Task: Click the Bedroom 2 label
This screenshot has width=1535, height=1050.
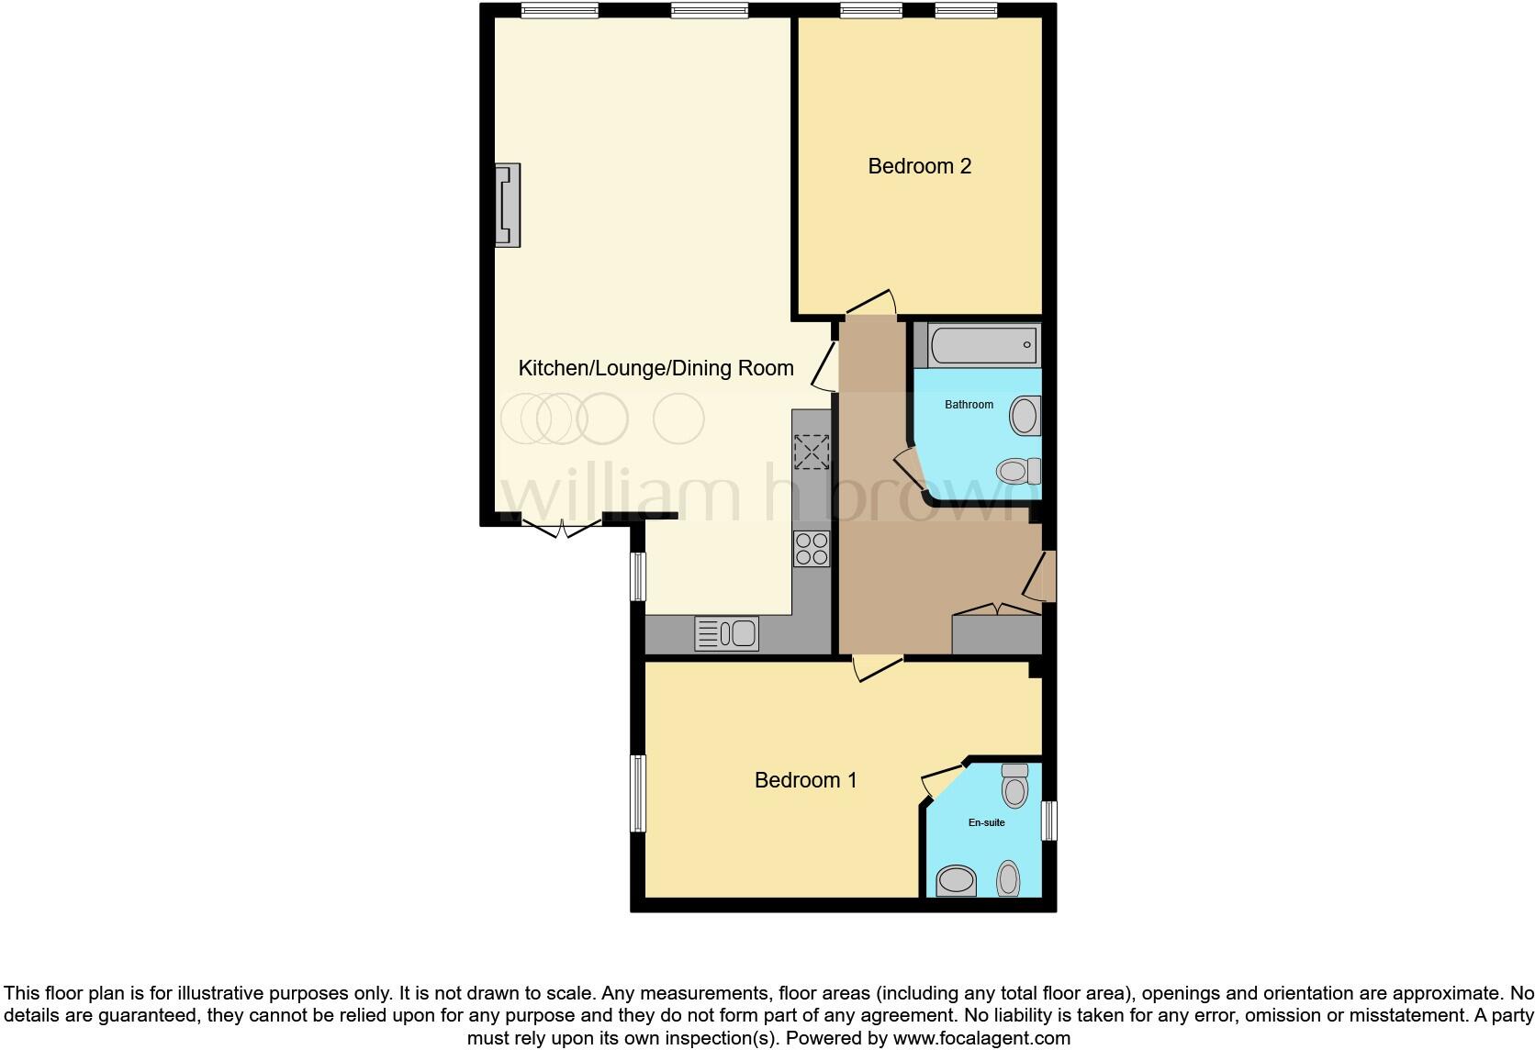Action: [919, 166]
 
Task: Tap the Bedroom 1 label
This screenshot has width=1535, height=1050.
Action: [805, 780]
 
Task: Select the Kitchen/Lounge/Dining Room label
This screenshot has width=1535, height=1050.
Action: [655, 369]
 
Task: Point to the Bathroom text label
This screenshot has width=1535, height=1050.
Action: [969, 405]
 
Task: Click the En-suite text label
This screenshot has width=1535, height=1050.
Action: [986, 822]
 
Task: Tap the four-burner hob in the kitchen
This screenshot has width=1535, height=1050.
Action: [812, 549]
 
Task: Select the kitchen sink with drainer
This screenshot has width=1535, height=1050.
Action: [726, 633]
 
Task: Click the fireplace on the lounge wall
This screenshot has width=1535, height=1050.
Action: [508, 205]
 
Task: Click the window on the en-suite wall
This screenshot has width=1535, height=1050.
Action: [1048, 821]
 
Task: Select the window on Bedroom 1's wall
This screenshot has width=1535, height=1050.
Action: [638, 793]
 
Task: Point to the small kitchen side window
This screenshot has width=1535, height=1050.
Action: [638, 576]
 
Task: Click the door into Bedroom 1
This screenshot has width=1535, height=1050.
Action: [877, 667]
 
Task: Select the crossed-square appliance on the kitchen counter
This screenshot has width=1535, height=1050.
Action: [812, 452]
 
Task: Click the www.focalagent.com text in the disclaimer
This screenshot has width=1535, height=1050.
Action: [981, 1038]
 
